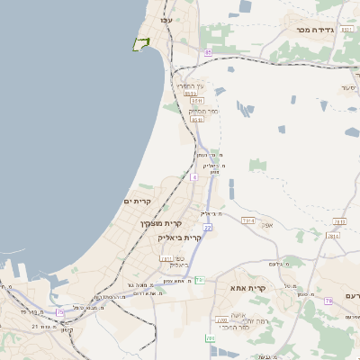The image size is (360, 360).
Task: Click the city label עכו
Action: pos(165,20)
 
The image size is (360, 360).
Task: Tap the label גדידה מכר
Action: pos(315,30)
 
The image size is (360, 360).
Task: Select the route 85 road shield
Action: pos(208,53)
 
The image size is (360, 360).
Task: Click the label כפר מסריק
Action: pos(203,110)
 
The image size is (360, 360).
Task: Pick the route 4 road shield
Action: pos(193,177)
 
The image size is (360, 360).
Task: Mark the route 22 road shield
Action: pos(207,228)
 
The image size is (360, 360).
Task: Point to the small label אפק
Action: pos(266,225)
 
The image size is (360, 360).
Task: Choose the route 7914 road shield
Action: pos(248,220)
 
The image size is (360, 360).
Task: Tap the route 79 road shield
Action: pos(328,300)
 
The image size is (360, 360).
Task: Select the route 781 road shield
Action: pos(166,259)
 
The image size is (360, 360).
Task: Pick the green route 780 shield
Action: pos(210,338)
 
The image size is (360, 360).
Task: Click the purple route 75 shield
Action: pos(60,312)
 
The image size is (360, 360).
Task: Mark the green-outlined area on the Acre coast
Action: pos(140,44)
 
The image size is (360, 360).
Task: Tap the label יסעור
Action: pos(349,88)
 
